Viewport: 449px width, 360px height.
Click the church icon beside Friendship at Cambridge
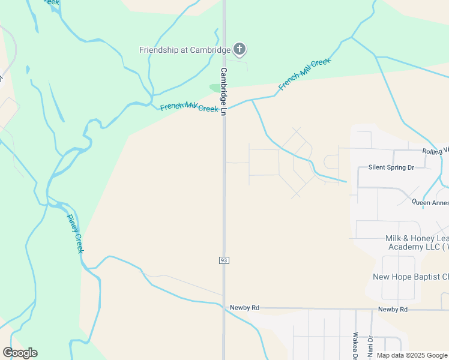pos(240,49)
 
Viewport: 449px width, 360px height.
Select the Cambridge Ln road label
pos(223,92)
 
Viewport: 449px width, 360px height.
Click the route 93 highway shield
pos(224,260)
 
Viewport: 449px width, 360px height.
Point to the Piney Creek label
pos(75,233)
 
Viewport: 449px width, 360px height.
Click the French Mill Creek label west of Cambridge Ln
pos(189,107)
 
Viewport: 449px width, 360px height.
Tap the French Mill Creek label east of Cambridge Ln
pos(304,75)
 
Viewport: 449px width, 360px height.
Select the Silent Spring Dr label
pos(391,167)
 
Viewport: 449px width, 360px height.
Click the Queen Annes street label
pos(430,203)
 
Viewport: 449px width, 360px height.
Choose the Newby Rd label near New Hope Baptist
pos(393,309)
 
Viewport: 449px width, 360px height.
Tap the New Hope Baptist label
pos(411,277)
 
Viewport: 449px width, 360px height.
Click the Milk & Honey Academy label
pos(417,242)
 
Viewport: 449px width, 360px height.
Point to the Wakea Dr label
pos(355,344)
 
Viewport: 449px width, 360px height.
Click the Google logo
pos(20,353)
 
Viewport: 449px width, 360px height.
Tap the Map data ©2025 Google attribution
pos(412,355)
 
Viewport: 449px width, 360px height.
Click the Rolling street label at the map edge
pos(435,151)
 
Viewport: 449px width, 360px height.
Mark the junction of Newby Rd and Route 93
pos(224,308)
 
